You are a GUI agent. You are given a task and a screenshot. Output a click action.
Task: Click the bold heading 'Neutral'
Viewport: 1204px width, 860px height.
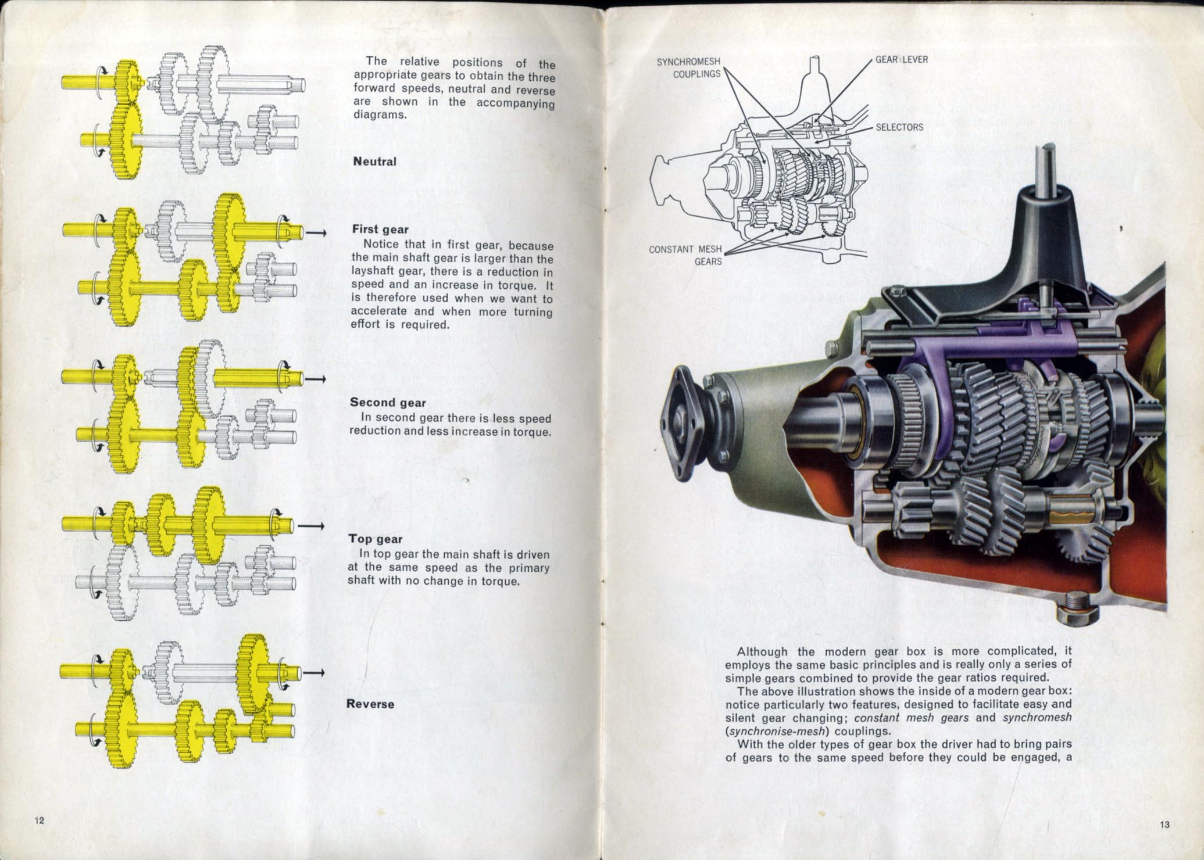(x=374, y=162)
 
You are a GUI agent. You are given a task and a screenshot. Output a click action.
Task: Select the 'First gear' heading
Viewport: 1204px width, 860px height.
(x=380, y=230)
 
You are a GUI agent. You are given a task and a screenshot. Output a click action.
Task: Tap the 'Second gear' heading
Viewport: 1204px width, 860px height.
(x=388, y=403)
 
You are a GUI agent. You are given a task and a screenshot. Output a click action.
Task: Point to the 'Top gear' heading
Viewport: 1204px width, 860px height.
(x=375, y=539)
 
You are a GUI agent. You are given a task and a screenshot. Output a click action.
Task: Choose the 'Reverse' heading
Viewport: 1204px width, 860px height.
(x=370, y=704)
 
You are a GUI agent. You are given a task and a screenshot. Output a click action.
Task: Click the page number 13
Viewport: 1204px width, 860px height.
(x=1164, y=825)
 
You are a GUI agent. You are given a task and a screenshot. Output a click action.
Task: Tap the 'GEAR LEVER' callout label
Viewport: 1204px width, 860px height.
(x=902, y=60)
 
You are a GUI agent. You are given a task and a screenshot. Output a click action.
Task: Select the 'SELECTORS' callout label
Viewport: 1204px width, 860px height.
(x=899, y=127)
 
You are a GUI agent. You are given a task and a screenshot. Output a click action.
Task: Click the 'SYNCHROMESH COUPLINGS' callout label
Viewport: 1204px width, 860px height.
(x=689, y=68)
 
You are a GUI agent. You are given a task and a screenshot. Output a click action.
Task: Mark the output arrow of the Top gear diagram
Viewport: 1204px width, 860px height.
(x=310, y=526)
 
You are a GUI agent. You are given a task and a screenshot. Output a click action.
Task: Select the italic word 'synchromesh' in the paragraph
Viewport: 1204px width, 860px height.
(x=1037, y=718)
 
